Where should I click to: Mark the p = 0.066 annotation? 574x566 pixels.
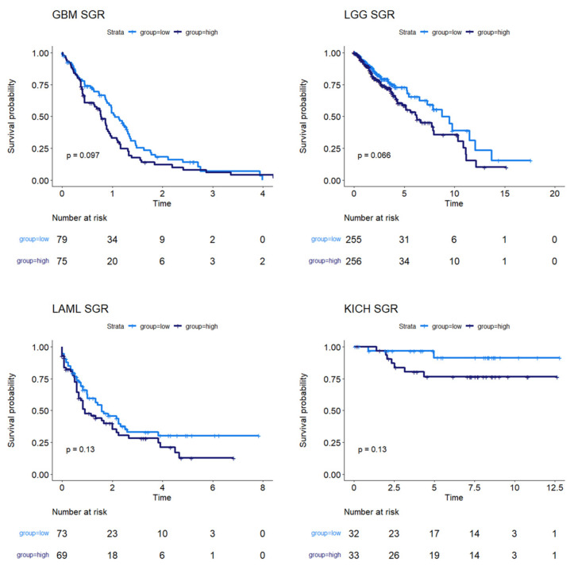(x=376, y=155)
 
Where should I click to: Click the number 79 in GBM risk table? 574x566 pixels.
(x=62, y=237)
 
